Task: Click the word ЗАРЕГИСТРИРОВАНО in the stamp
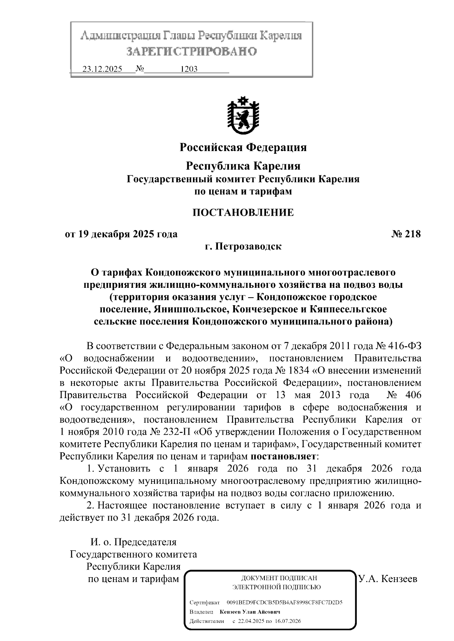[191, 51]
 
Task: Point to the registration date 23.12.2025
[102, 69]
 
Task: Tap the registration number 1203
[189, 69]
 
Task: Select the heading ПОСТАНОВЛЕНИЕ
[243, 212]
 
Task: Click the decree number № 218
[406, 234]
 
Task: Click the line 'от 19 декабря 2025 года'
[121, 234]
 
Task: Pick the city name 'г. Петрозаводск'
[243, 247]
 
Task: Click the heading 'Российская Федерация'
[243, 147]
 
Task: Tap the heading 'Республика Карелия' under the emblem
[243, 166]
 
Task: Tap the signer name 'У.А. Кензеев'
[387, 578]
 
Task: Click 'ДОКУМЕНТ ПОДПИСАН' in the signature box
[279, 578]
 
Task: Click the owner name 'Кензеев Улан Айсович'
[250, 612]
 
